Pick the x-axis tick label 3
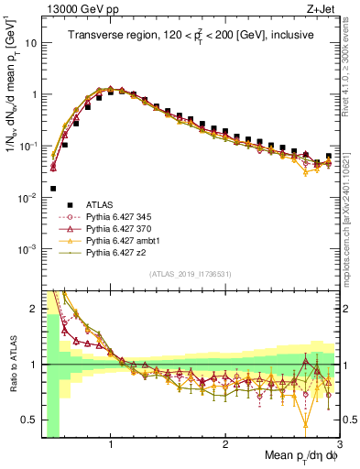pos(338,444)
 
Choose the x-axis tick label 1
pos(111,444)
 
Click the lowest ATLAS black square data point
pos(53,188)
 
